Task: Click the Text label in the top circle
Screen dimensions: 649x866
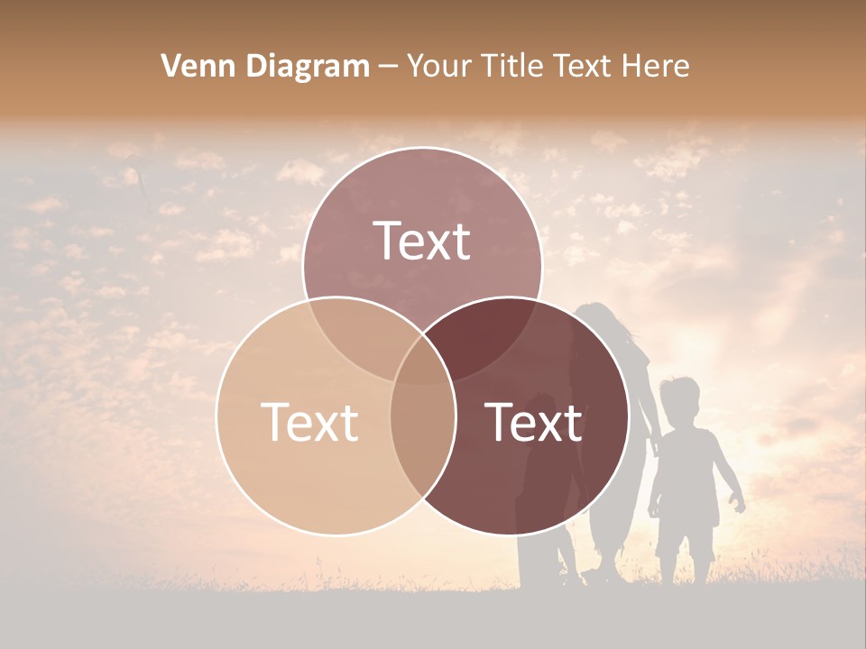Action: [x=422, y=242]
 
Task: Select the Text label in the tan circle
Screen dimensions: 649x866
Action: [x=309, y=422]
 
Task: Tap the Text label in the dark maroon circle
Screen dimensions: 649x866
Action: [x=534, y=422]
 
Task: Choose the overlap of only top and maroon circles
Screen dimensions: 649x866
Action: [x=487, y=329]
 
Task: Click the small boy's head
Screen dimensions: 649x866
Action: [x=679, y=399]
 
